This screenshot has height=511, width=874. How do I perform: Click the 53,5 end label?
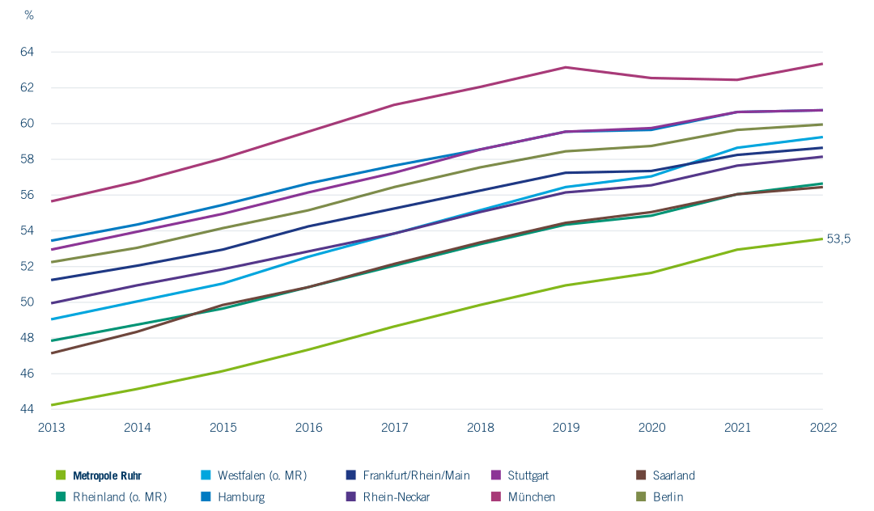[838, 239]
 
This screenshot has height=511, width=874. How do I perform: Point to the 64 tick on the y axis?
[27, 52]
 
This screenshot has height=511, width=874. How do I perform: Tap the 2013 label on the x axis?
[51, 428]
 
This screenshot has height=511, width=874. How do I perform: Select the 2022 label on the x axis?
[823, 428]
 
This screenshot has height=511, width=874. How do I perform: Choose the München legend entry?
[524, 497]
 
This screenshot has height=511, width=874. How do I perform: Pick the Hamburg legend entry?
[233, 497]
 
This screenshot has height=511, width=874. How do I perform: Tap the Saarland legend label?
[673, 476]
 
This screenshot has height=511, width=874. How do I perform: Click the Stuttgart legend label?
[528, 476]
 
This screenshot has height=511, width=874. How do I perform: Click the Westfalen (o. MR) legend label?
[262, 476]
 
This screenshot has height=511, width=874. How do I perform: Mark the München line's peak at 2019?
[566, 67]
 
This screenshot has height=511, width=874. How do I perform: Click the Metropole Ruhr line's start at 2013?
[51, 405]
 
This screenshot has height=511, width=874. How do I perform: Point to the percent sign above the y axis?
[29, 15]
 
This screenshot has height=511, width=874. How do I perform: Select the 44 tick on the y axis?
[27, 409]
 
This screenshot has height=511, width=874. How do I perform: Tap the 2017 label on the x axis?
[395, 428]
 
